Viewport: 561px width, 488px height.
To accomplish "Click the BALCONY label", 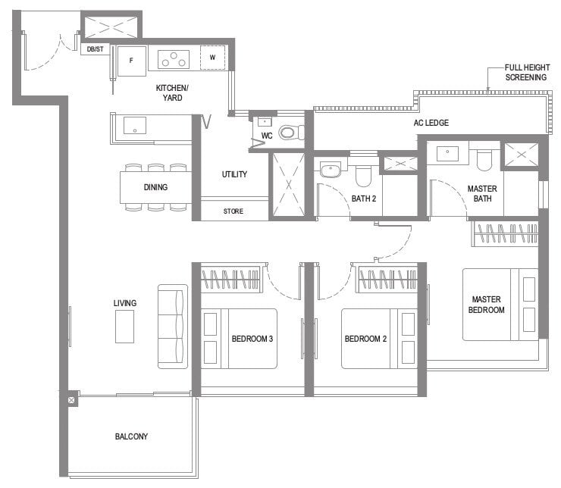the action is (131, 436).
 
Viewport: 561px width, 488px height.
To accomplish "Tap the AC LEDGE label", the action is (431, 123).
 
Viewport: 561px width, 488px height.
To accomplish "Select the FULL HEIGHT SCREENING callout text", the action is (527, 72).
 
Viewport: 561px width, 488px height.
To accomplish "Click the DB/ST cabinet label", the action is (96, 49).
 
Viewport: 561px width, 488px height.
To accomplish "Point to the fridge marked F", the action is (132, 61).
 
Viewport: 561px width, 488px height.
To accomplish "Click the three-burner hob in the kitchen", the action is (174, 59).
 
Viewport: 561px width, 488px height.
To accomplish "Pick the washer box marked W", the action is (212, 57).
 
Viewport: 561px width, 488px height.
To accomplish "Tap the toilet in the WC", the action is (290, 133).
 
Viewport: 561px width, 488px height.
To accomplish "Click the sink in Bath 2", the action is (331, 170).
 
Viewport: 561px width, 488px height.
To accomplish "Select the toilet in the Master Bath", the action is (484, 159).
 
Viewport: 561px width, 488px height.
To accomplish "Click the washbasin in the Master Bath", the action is (447, 154).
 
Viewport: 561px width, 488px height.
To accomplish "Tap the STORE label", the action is (233, 211).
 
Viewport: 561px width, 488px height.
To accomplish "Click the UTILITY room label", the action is (234, 174).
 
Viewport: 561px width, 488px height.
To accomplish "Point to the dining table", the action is (155, 187).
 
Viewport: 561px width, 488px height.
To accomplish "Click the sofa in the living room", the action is (173, 327).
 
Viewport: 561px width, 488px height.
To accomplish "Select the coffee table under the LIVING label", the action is (124, 327).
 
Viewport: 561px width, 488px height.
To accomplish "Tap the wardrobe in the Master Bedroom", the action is (505, 233).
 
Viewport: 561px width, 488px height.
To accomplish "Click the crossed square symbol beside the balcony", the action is (71, 400).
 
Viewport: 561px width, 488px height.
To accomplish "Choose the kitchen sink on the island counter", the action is (134, 125).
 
